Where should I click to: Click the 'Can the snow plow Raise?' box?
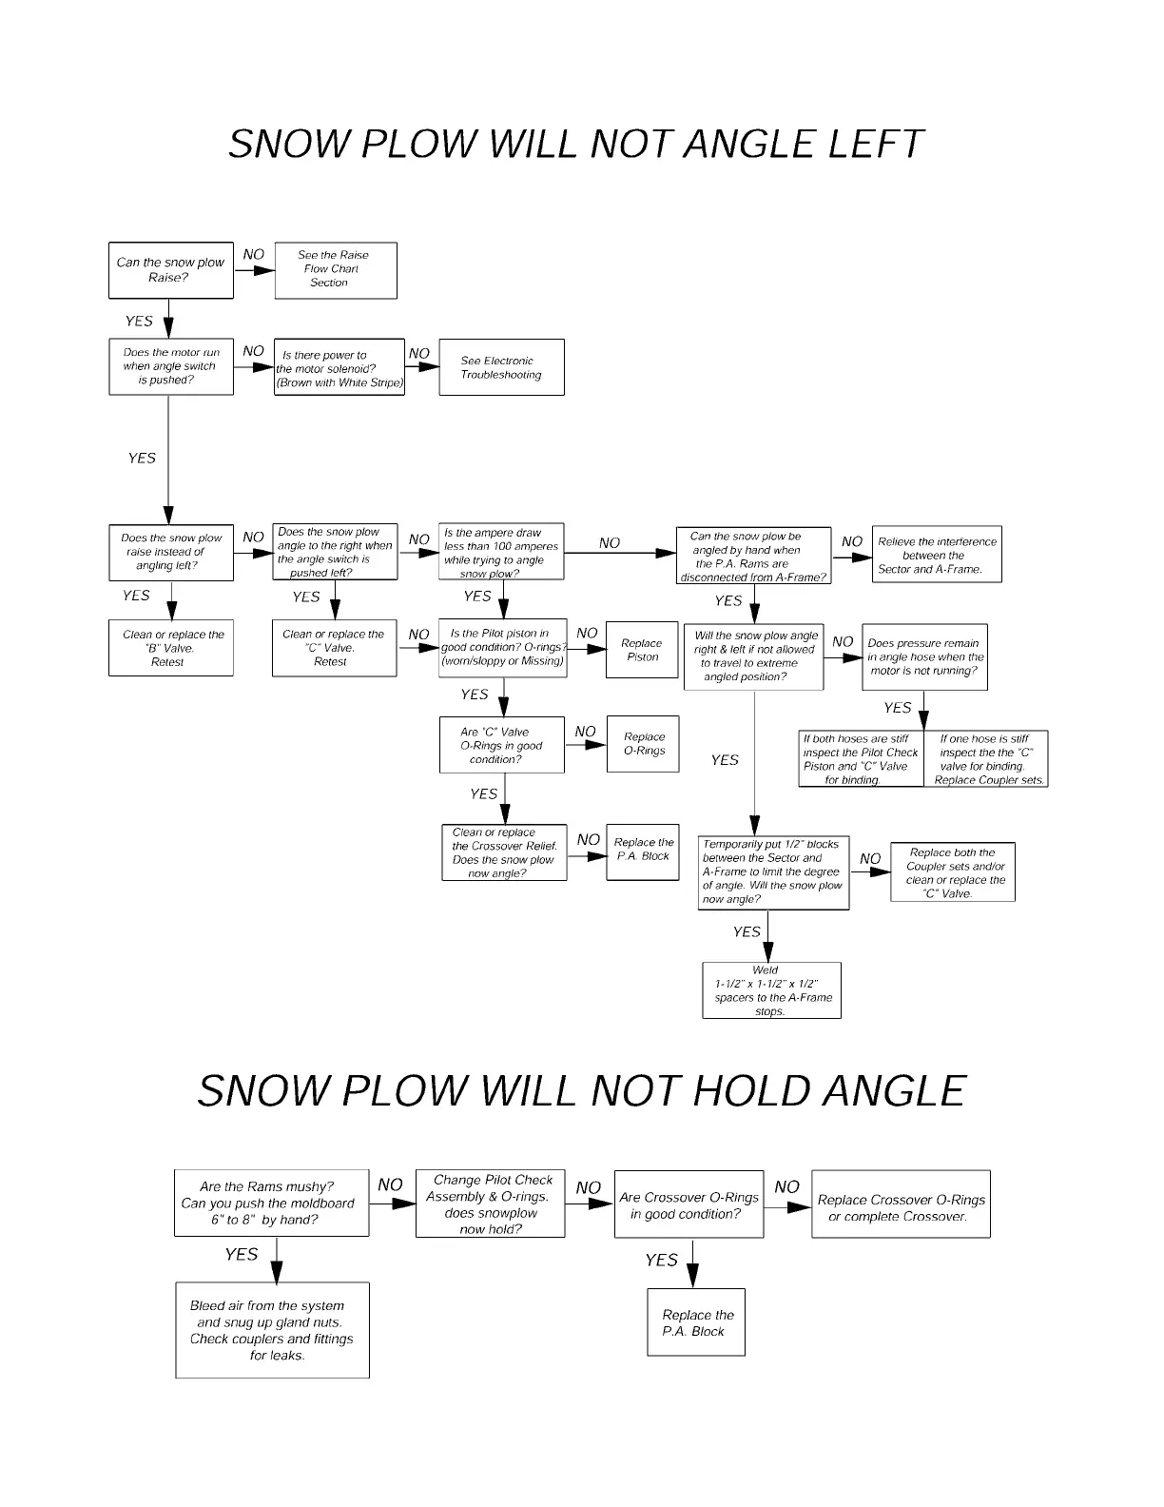[171, 270]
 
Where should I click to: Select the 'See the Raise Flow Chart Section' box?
[335, 270]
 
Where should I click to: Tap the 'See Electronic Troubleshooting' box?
[501, 367]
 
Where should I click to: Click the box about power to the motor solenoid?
[339, 368]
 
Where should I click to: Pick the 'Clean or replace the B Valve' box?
[171, 648]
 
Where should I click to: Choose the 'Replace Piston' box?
[643, 650]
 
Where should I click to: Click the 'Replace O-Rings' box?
[644, 743]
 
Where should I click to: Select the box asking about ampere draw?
[501, 553]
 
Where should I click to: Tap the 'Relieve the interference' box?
[937, 555]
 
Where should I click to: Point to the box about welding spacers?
[771, 991]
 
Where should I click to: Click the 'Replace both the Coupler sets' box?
[953, 872]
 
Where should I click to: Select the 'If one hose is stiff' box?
[986, 759]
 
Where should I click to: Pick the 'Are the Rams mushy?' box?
[272, 1204]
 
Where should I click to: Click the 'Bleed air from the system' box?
[272, 1330]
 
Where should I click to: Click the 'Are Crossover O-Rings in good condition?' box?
[689, 1205]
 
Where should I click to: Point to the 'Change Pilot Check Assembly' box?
[490, 1204]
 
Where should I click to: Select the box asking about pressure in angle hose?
[925, 656]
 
